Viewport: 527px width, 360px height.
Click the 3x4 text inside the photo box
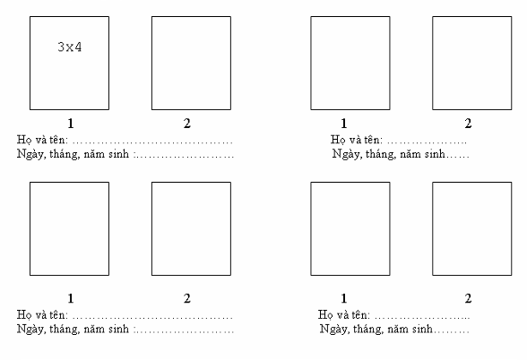70,47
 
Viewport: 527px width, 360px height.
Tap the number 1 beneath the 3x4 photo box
71,124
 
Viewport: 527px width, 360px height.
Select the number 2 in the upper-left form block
186,124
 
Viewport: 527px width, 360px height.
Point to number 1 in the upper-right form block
343,124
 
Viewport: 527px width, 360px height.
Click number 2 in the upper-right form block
468,124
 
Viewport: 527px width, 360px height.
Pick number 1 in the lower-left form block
71,298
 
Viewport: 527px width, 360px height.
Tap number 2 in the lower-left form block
186,298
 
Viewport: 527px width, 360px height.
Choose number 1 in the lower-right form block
343,298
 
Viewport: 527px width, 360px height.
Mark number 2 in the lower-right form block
468,298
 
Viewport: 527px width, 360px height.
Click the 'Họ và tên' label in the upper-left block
42,140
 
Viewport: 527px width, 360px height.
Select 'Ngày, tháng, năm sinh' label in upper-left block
73,154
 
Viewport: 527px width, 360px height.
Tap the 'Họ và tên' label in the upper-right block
357,140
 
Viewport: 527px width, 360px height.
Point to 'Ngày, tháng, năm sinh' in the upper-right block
389,154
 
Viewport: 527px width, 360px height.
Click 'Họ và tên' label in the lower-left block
42,314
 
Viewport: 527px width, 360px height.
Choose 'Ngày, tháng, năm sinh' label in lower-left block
73,330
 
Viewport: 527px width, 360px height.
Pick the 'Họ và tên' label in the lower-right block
344,314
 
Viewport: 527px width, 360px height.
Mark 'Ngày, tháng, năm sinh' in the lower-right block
376,330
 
